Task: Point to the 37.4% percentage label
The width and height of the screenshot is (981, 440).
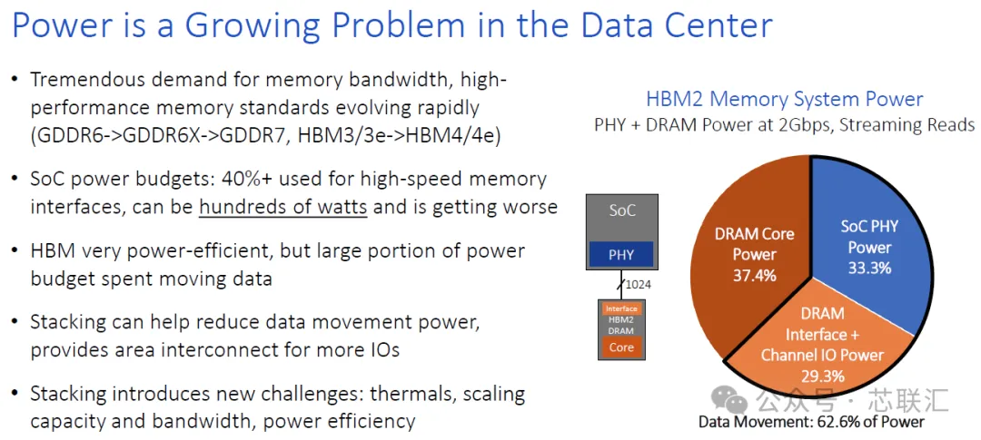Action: [755, 274]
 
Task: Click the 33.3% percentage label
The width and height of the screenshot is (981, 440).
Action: [869, 268]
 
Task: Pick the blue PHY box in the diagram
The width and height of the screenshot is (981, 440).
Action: [621, 254]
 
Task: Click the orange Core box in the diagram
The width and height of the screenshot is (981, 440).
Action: [621, 347]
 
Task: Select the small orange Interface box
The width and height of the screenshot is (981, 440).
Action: [621, 308]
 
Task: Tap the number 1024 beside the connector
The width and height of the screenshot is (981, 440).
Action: [639, 285]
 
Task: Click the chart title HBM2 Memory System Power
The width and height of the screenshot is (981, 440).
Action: [785, 99]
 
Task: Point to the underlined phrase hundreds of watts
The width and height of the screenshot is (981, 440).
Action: [282, 207]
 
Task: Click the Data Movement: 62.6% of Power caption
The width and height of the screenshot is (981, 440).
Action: [811, 422]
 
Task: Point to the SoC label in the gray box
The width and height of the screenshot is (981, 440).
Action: [622, 210]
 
